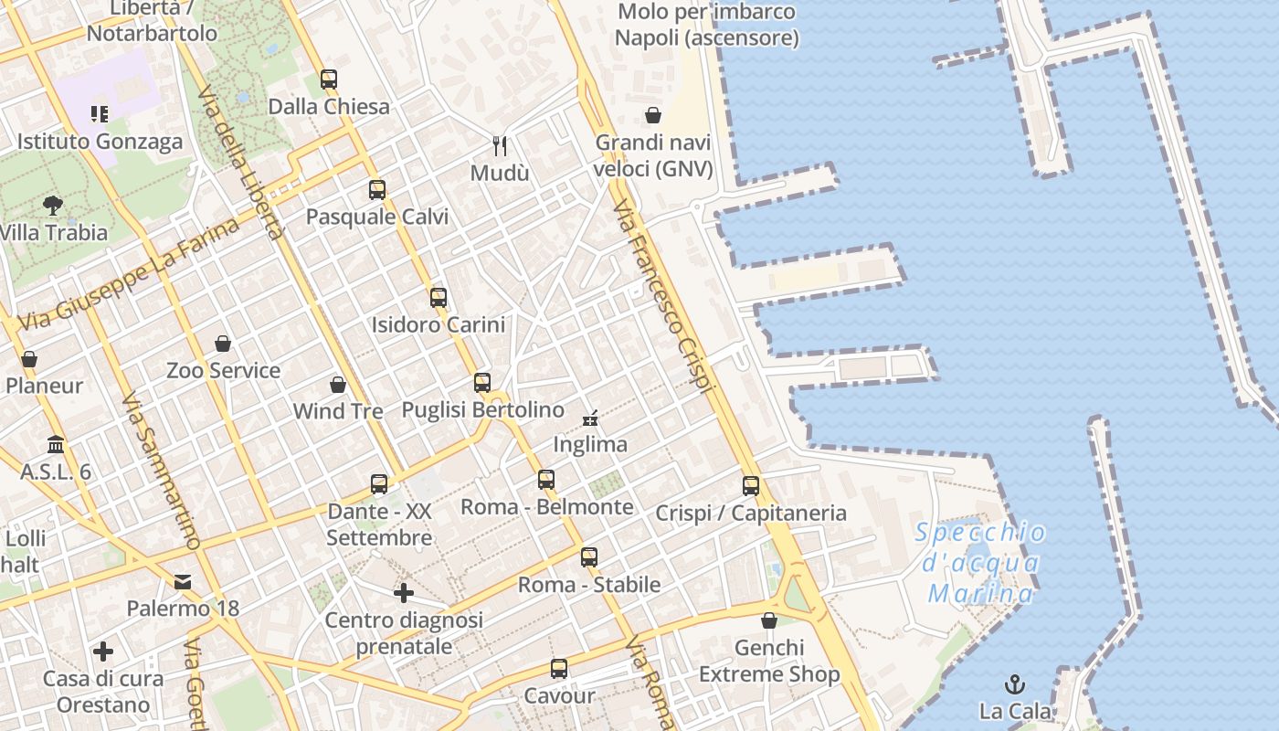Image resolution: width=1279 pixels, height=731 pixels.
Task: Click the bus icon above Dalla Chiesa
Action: pyautogui.click(x=329, y=79)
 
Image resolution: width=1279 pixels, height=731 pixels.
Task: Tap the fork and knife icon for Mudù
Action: pyautogui.click(x=500, y=145)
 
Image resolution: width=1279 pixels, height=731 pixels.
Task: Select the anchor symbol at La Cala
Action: pyautogui.click(x=1014, y=683)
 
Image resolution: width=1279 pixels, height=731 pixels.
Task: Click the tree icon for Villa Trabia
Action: pyautogui.click(x=53, y=206)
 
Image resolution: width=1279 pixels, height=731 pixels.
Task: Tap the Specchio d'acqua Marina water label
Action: pyautogui.click(x=980, y=563)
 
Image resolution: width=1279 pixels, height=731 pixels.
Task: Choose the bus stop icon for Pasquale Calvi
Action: pyautogui.click(x=377, y=190)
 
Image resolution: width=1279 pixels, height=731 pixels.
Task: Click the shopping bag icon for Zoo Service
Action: pyautogui.click(x=223, y=344)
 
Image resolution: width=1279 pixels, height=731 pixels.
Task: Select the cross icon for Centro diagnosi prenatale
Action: pyautogui.click(x=404, y=594)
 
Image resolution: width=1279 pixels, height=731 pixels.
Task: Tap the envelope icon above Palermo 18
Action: pyautogui.click(x=183, y=581)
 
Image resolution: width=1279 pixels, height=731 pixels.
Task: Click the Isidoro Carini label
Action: pyautogui.click(x=439, y=324)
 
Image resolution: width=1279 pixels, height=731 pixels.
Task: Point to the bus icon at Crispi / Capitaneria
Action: pyautogui.click(x=751, y=486)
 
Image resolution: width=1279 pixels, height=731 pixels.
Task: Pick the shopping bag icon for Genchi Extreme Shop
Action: pyautogui.click(x=769, y=621)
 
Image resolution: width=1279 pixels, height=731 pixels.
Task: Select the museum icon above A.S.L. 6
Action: pyautogui.click(x=56, y=445)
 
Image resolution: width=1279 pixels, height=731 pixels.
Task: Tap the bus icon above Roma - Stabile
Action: pyautogui.click(x=589, y=556)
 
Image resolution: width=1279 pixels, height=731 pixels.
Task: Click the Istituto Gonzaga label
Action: pyautogui.click(x=100, y=142)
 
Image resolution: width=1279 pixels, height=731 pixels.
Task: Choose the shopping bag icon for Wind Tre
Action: pyautogui.click(x=338, y=385)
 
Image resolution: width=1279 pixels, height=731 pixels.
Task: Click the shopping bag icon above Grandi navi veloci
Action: pyautogui.click(x=653, y=115)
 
